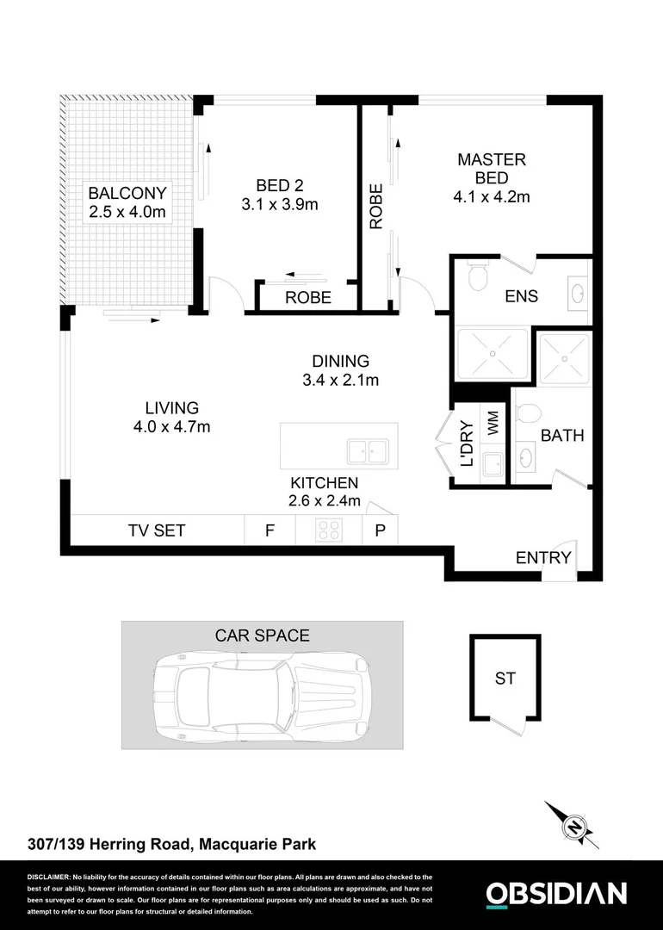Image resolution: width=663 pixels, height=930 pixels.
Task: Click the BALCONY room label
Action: (x=127, y=192)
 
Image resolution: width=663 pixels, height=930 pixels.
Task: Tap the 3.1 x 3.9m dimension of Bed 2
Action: (x=280, y=205)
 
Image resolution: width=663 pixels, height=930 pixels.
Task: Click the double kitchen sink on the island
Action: (x=367, y=450)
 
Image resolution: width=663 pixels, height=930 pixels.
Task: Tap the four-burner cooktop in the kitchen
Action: (x=329, y=530)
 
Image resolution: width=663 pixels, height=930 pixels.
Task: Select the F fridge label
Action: (x=270, y=530)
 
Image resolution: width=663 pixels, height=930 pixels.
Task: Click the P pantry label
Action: (x=380, y=530)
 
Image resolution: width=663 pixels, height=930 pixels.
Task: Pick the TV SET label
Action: (x=156, y=530)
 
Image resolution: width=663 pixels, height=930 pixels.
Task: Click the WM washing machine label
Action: (x=493, y=423)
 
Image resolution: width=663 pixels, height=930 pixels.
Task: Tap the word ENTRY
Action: (x=543, y=557)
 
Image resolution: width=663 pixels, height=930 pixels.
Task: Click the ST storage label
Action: (x=505, y=679)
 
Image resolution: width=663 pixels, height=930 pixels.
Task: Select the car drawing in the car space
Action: (x=263, y=696)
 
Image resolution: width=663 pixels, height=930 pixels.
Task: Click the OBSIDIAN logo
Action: (x=556, y=894)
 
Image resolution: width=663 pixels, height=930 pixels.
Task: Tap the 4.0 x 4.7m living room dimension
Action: (x=172, y=426)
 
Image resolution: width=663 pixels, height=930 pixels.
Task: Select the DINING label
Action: (x=340, y=362)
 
